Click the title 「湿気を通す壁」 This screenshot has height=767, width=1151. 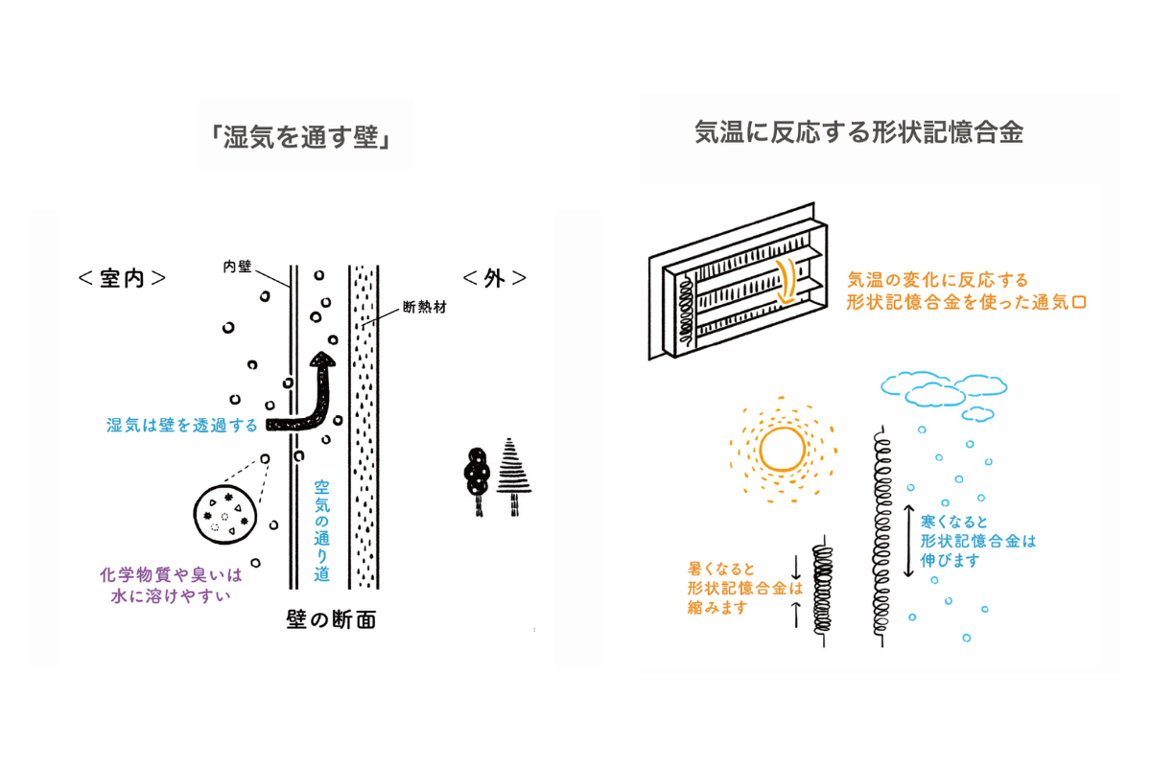tap(304, 136)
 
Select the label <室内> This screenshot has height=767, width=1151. tap(123, 278)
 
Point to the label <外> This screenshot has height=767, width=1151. tap(495, 278)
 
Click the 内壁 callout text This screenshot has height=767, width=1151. tap(236, 267)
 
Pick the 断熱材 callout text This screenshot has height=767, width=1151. tap(426, 309)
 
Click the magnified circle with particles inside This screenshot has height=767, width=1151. tap(224, 516)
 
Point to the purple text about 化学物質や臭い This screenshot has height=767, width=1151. tap(171, 585)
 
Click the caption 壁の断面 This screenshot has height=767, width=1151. tap(331, 620)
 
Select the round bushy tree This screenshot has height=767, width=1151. tap(477, 472)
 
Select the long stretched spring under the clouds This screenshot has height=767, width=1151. tap(882, 523)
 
